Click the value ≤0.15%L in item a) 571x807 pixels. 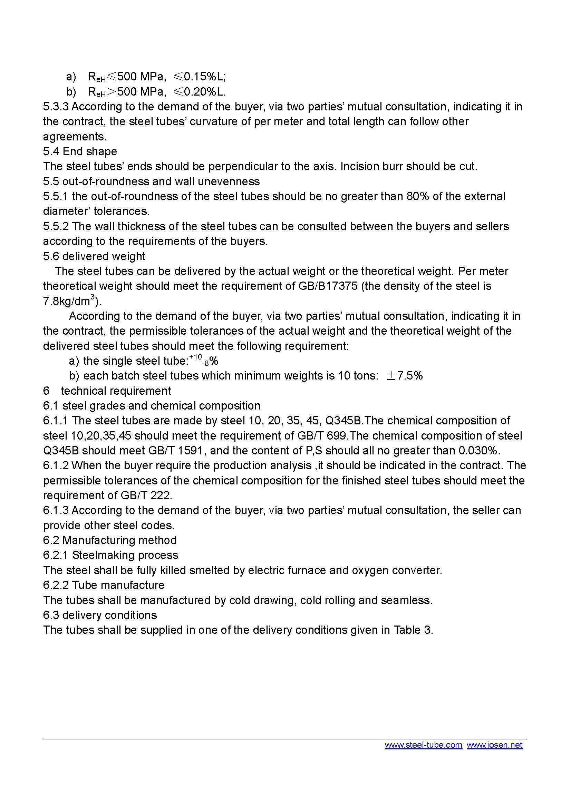[200, 76]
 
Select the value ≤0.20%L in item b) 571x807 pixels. [200, 91]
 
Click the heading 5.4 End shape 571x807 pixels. [80, 151]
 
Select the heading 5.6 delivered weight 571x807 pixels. [94, 256]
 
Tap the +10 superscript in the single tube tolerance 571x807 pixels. [195, 357]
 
